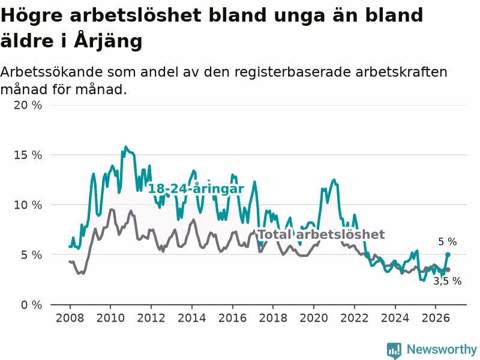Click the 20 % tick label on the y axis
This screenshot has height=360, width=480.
(x=28, y=106)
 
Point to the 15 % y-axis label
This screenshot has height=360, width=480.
(x=28, y=155)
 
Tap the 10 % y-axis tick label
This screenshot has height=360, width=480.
(x=28, y=205)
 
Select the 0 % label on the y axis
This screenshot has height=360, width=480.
(x=32, y=305)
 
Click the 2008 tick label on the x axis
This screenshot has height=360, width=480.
(x=70, y=318)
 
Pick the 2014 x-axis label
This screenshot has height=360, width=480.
(x=192, y=318)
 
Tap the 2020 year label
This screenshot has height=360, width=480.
(x=314, y=318)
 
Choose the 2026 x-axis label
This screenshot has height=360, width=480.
(x=436, y=318)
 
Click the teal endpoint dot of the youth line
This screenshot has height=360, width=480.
(x=448, y=254)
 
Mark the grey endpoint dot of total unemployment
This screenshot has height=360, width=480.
(x=448, y=269)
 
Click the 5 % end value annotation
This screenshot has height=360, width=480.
(x=448, y=242)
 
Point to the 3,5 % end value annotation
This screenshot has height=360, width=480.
(x=448, y=281)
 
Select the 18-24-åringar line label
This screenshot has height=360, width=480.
(x=196, y=188)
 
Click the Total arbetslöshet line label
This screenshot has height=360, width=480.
(x=322, y=235)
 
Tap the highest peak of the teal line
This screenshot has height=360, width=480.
(x=125, y=147)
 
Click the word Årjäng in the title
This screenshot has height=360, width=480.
(x=108, y=40)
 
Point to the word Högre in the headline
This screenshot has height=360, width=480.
(x=32, y=16)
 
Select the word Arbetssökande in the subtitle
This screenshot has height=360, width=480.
(x=52, y=72)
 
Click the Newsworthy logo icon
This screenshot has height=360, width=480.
(x=394, y=350)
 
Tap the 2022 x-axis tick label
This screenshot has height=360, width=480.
(x=355, y=318)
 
